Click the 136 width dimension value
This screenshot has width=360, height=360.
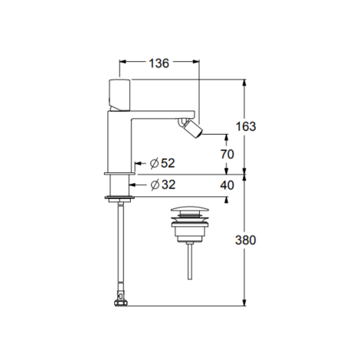click(159, 63)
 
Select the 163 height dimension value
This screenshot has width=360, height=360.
click(246, 126)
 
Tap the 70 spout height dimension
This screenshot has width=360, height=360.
click(227, 154)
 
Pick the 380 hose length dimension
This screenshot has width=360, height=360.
click(245, 240)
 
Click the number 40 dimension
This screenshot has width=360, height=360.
click(227, 185)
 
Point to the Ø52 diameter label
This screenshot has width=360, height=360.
click(162, 163)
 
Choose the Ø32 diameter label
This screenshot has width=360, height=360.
click(163, 185)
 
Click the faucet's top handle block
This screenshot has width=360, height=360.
click(119, 95)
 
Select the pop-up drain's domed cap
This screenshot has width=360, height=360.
click(190, 209)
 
